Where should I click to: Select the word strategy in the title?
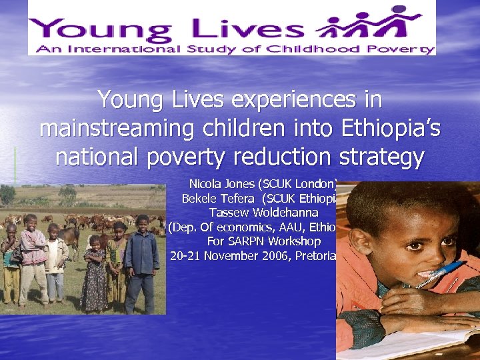coord(381,157)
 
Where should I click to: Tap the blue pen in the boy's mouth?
coord(439,274)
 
